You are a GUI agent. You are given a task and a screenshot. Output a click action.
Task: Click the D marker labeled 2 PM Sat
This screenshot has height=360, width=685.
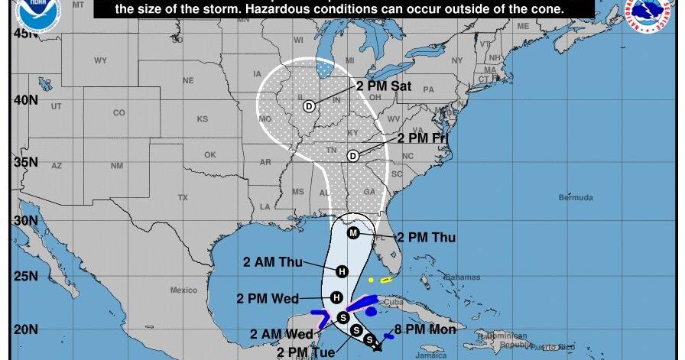(x=310, y=106)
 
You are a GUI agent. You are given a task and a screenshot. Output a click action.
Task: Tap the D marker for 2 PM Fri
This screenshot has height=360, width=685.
(x=353, y=156)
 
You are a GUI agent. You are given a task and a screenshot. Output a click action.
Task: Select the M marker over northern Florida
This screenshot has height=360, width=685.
(x=353, y=232)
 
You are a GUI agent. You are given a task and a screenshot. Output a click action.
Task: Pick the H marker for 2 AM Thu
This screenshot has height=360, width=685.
(x=342, y=271)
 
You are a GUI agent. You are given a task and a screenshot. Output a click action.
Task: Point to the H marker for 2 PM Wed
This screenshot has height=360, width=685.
(x=337, y=297)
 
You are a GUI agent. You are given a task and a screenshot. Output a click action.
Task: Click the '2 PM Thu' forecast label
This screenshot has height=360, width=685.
(x=425, y=238)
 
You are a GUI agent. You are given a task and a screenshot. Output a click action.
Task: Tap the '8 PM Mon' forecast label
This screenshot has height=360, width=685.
(x=425, y=329)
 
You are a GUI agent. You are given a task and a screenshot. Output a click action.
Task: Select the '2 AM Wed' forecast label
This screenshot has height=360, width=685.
(x=281, y=335)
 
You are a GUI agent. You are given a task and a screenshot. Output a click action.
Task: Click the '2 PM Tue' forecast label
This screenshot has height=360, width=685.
(x=306, y=352)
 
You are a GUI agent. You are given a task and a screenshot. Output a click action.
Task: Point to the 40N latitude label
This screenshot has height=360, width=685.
(x=25, y=99)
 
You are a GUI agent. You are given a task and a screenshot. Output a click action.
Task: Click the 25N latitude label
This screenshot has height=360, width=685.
(x=25, y=275)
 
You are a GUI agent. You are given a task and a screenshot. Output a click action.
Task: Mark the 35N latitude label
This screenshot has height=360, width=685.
(x=25, y=162)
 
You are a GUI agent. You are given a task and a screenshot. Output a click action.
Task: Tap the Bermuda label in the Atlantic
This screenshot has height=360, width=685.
(x=575, y=198)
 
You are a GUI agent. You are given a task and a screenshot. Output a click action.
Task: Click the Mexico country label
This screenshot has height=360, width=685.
(x=183, y=290)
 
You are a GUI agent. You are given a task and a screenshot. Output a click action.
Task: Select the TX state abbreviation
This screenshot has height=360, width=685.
(x=183, y=197)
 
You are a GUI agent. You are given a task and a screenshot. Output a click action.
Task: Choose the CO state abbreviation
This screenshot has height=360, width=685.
(x=118, y=113)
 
